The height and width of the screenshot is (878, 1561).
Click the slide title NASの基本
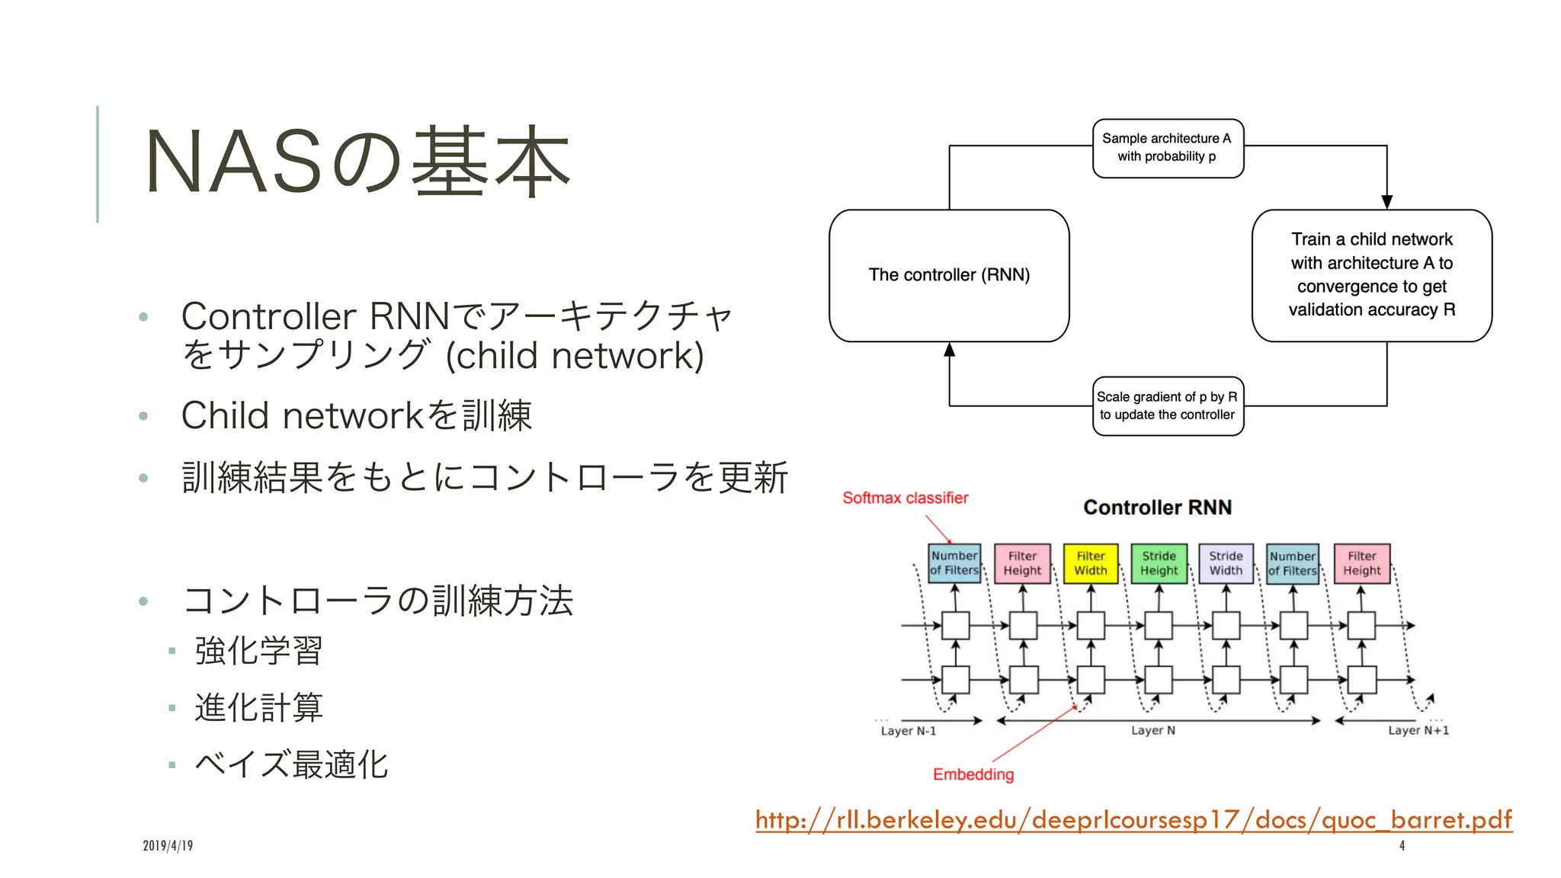coord(357,162)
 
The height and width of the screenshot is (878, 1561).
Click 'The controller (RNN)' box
coord(949,275)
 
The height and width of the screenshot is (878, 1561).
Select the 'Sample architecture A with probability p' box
coord(1167,148)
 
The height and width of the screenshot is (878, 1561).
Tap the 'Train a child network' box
coord(1371,275)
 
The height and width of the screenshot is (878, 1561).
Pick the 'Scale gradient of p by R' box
coord(1167,405)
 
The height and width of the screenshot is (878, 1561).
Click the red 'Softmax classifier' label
coord(905,498)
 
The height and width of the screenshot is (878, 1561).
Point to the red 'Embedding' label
coord(973,774)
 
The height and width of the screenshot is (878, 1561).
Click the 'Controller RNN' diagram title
coord(1157,508)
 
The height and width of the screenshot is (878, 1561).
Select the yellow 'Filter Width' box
coord(1091,563)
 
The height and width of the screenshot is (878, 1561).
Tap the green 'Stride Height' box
coord(1159,563)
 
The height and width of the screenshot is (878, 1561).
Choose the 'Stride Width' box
coord(1226,563)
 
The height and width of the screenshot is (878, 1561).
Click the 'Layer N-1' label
coord(908,731)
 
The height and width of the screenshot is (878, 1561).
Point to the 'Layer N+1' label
coord(1418,730)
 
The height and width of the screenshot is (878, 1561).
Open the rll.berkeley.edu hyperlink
coord(1133,819)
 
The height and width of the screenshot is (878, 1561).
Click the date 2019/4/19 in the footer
coord(168,845)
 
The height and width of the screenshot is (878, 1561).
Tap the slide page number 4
coord(1402,845)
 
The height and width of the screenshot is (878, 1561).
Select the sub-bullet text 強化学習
coord(259,651)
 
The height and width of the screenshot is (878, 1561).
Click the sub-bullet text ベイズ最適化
coord(291,764)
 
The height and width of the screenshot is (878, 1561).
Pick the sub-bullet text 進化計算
coord(259,707)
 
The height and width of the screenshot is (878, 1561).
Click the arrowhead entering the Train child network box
coord(1386,202)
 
